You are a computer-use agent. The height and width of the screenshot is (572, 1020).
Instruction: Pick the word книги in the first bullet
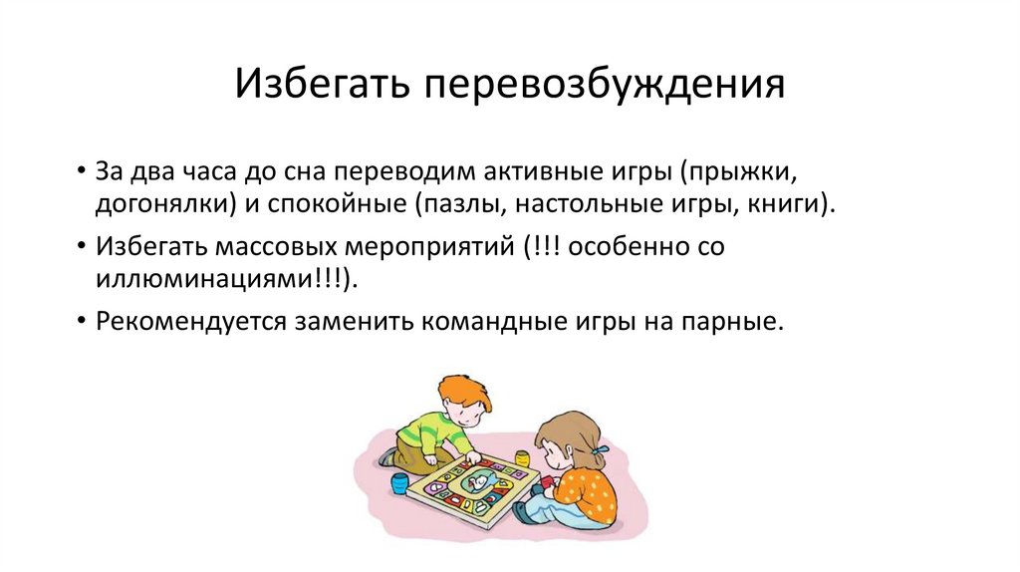tap(781, 204)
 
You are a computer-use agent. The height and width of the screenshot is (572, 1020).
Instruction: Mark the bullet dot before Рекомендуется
tap(80, 323)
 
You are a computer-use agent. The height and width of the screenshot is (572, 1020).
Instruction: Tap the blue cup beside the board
tap(399, 484)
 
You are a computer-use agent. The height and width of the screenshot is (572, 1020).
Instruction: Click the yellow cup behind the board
tap(522, 460)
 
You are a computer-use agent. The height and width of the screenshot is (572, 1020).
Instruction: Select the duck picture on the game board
tap(477, 482)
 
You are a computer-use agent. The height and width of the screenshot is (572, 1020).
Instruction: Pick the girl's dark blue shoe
tap(521, 512)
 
